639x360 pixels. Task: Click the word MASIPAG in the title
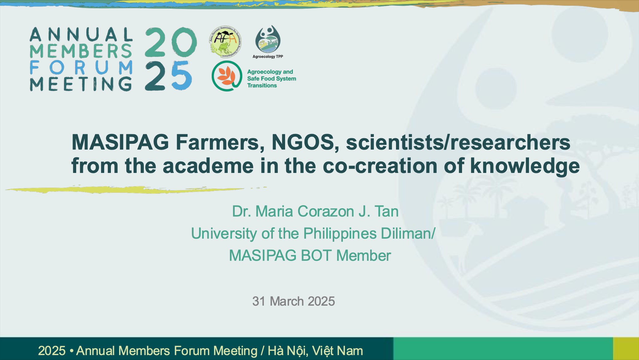120,142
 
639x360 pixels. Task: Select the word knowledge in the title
525,166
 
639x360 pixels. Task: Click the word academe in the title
208,166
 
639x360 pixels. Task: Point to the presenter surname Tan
386,211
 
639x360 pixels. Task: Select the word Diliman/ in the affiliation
408,233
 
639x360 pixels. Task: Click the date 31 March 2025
293,301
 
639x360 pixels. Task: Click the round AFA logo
225,41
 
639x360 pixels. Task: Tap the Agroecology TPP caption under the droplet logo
268,57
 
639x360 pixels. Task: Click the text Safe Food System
272,79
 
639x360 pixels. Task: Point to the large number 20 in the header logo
171,42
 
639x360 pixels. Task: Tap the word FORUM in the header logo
81,67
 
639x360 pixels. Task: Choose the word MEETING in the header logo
81,84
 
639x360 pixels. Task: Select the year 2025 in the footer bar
52,351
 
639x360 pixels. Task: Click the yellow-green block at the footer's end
626,349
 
